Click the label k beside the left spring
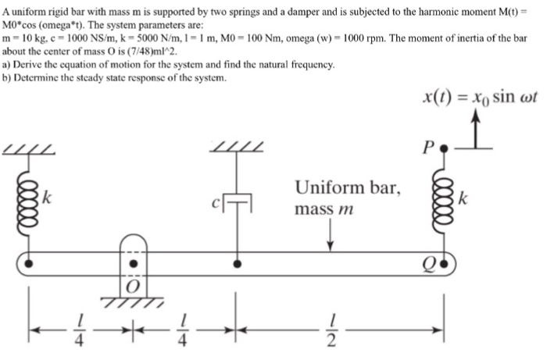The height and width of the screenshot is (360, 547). point(48,198)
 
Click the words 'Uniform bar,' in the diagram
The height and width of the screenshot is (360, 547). point(348,187)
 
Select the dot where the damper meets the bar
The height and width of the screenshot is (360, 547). point(236,264)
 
